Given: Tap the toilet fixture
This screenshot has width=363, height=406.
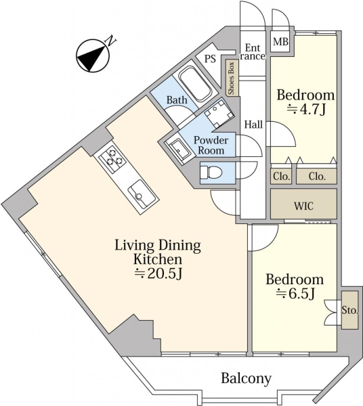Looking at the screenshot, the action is coord(211,173).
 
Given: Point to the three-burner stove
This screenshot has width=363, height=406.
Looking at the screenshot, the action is coord(113,158).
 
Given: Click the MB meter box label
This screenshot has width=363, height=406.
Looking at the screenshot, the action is coord(280,41).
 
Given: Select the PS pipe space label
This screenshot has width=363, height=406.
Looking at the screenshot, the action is coord(210,59).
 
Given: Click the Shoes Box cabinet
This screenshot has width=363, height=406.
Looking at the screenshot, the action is coord(231,78).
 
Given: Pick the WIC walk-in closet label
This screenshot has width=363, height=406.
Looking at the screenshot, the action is coord(303,206).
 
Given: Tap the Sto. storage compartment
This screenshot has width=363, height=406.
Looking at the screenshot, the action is coord(349,310).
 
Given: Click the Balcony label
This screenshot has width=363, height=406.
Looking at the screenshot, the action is coord(246,378).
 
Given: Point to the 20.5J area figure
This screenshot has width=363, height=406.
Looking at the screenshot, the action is coord(158,273).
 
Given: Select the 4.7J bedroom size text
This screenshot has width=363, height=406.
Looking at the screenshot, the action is coord(305,110).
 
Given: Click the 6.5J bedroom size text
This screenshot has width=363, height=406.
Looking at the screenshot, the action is coord(295,294).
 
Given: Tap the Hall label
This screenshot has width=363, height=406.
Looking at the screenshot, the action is coord(254,125).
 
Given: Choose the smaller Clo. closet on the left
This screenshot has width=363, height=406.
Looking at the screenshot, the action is coord(281,177).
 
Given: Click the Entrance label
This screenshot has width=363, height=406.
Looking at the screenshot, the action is coord(253,52).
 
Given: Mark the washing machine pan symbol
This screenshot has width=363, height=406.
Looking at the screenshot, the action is coord(219,113).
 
